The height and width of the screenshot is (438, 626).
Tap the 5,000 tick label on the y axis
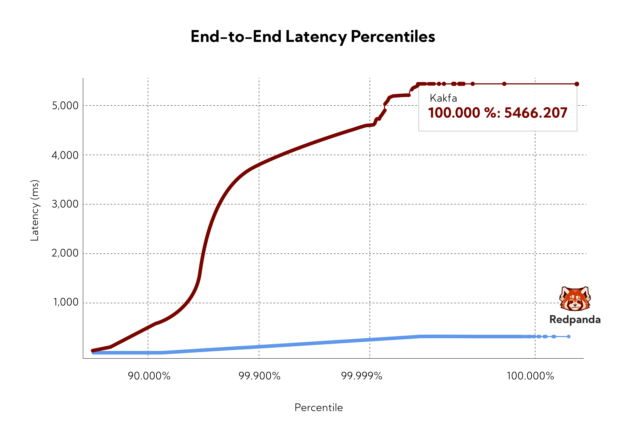[65, 106]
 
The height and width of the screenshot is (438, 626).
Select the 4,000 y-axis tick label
[65, 155]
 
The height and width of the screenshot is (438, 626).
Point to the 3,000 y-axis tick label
[65, 204]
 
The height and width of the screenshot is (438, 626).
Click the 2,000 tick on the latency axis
[65, 253]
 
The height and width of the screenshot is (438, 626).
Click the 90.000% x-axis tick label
[149, 376]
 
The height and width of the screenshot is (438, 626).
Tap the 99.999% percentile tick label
[362, 376]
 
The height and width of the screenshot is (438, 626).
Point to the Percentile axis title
[319, 408]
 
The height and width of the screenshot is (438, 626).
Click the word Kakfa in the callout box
[443, 98]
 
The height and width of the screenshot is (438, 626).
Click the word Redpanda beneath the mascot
[575, 320]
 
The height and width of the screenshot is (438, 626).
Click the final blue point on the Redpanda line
[569, 336]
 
